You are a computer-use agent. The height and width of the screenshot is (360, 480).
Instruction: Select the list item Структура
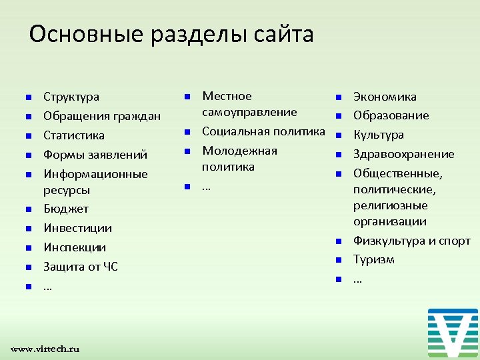click(71, 97)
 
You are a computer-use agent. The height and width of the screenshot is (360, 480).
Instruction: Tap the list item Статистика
click(74, 135)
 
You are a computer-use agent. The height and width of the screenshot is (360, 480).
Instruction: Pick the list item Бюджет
click(66, 209)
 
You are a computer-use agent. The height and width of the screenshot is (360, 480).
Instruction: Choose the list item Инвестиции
click(77, 228)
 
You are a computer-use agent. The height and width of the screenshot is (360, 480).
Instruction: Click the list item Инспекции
click(75, 247)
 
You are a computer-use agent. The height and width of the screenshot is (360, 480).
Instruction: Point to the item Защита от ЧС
click(81, 267)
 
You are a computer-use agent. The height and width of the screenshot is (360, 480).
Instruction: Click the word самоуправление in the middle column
click(249, 112)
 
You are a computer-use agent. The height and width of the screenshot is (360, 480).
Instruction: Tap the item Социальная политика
click(263, 131)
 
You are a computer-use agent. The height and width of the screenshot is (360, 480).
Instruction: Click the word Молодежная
click(239, 151)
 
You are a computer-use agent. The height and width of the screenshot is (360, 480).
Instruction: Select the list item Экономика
click(385, 97)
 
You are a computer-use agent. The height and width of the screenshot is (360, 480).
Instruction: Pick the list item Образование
click(391, 116)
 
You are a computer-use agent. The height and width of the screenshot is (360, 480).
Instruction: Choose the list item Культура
click(378, 135)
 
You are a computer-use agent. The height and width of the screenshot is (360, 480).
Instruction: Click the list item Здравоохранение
click(403, 155)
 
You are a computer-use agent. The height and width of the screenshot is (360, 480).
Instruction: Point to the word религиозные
click(390, 205)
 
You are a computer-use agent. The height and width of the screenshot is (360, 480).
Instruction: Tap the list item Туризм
click(373, 259)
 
